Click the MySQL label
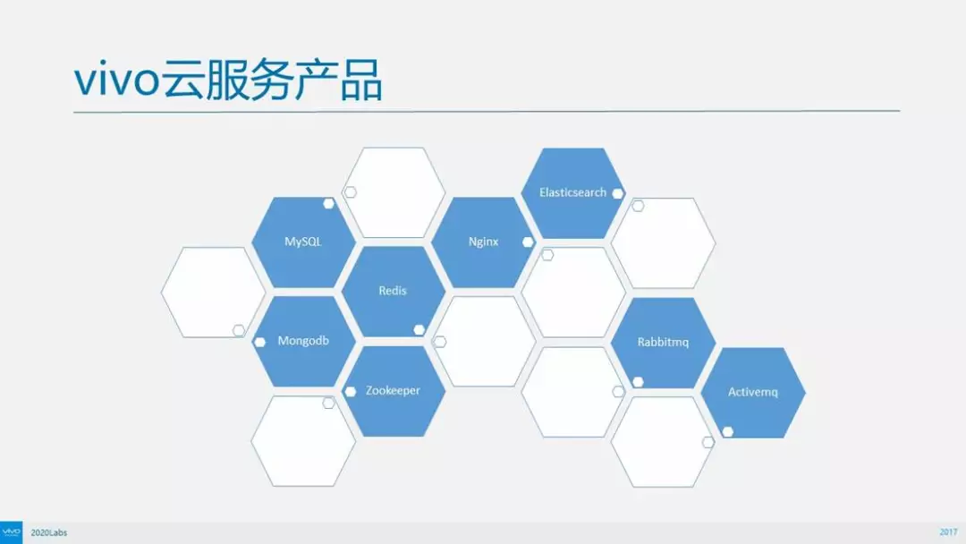point(303,242)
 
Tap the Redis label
point(393,291)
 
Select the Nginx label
point(483,242)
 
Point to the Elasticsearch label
point(573,192)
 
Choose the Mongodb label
point(303,341)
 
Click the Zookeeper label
point(393,391)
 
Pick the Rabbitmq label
point(663,342)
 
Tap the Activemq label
point(753,392)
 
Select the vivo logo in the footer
point(11,532)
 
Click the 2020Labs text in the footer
point(48,532)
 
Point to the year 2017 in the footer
point(949,532)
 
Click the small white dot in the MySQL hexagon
point(328,203)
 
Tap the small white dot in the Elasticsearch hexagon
point(618,193)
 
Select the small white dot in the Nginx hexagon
point(528,242)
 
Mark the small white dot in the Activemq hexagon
point(727,432)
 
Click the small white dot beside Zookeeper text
point(350,392)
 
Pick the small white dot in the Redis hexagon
point(419,329)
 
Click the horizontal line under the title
point(487,112)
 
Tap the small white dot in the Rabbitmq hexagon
point(638,382)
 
